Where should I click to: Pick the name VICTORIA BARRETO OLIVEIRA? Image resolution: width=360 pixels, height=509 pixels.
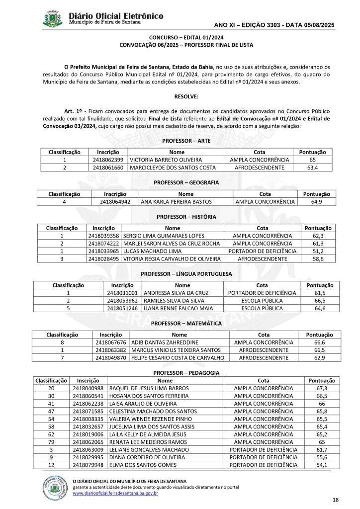click(x=162, y=160)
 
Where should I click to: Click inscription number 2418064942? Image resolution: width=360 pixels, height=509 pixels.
click(x=115, y=202)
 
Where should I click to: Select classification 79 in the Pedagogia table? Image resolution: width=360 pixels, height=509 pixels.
click(x=51, y=428)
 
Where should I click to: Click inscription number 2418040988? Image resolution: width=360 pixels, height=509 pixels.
click(x=89, y=388)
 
